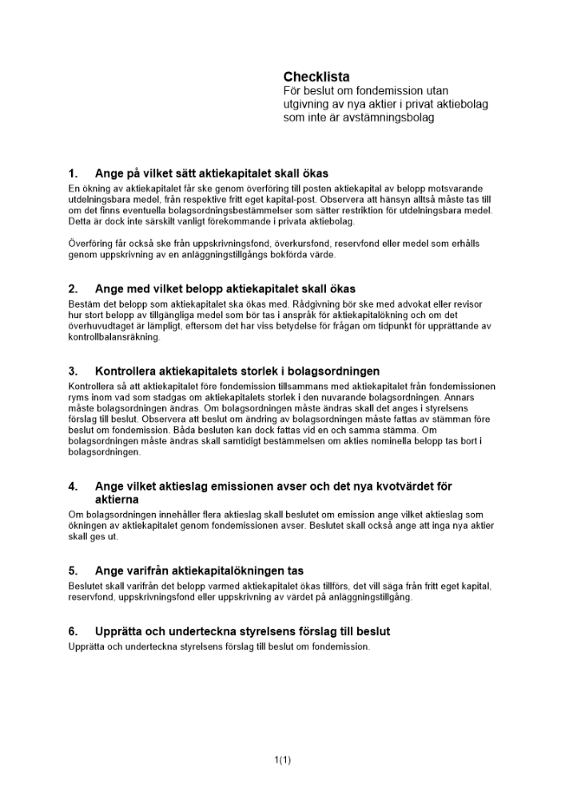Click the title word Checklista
(316, 77)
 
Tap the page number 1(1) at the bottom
(282, 760)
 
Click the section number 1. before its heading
(74, 173)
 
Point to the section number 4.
(74, 486)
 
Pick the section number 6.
(74, 631)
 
